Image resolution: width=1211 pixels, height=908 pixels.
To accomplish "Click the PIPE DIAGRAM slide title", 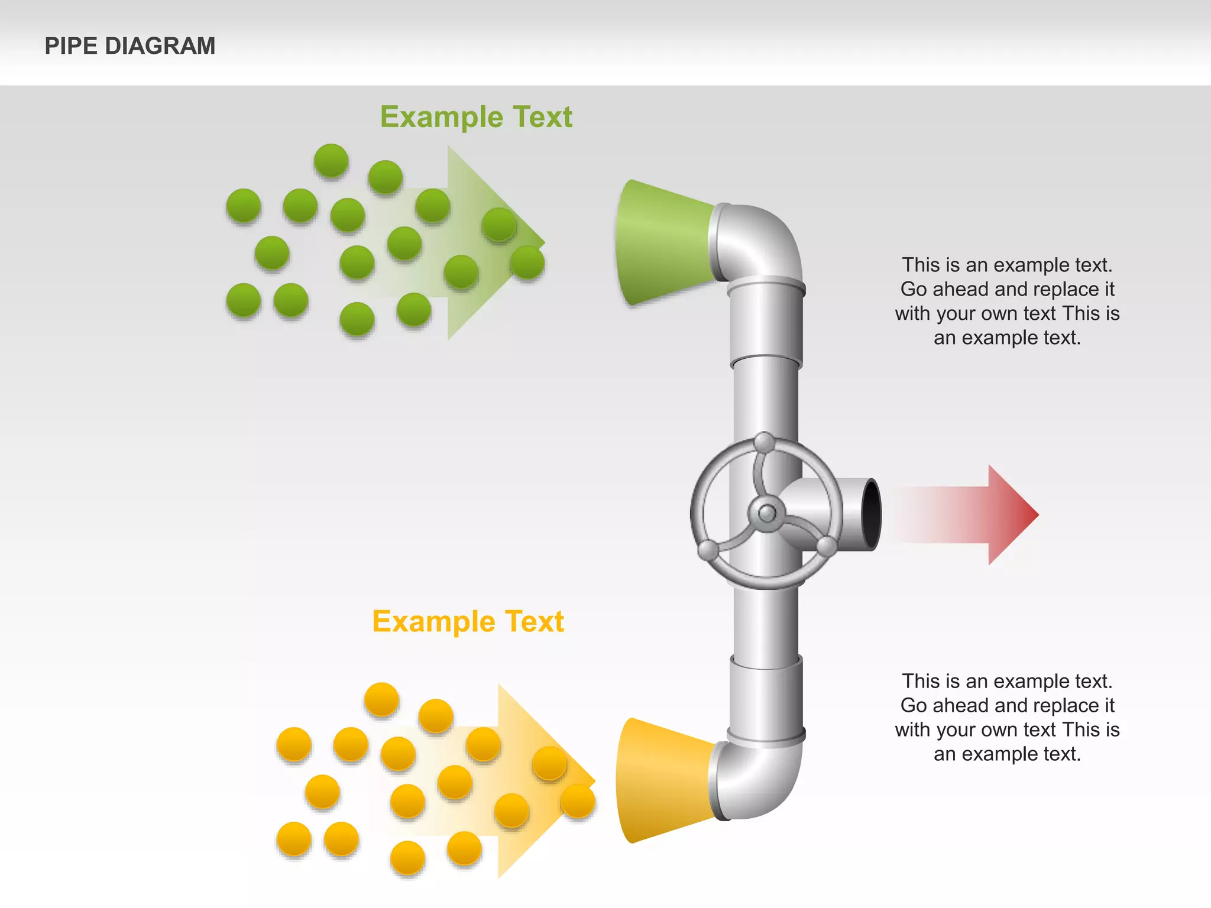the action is coord(130,46).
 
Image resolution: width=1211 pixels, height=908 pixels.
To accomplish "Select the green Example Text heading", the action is coord(476,117).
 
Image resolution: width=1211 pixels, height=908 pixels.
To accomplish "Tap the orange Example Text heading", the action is coord(468,622).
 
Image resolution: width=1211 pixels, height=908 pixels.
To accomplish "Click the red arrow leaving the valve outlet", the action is coord(970,514).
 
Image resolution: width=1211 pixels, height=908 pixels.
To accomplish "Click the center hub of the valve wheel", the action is coord(767,513).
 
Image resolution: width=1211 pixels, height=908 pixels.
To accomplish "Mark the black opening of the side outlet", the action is coord(870,514).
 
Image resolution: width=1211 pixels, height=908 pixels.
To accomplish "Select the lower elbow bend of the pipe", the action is coord(763,780).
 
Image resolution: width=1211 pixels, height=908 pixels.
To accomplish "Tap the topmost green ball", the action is coord(331,160).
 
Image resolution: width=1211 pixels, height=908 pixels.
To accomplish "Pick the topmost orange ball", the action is coord(381,699).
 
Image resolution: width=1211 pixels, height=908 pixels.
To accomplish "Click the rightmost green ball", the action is coord(527,262).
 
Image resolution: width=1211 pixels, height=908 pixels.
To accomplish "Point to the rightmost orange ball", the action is coord(577,802).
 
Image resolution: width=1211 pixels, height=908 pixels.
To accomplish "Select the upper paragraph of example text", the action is coord(1007,301).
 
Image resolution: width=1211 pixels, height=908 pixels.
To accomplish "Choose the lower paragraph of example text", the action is coord(1007,717).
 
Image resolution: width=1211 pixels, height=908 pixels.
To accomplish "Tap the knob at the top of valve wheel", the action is coord(765,442).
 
